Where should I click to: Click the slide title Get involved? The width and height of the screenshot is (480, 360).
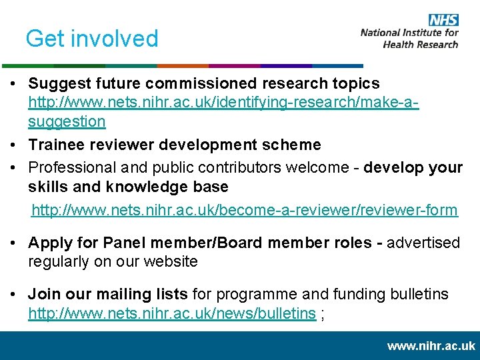tap(92, 39)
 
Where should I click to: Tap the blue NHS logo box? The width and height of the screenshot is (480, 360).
tap(443, 20)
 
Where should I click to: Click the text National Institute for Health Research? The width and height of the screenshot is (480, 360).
tap(409, 38)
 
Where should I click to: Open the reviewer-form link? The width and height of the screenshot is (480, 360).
tap(245, 211)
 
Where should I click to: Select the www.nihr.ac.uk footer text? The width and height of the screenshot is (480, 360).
tap(431, 346)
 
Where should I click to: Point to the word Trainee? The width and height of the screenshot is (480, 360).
tap(55, 145)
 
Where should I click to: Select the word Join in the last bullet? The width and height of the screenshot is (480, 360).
tap(41, 294)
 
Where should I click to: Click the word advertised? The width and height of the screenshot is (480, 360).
tap(423, 243)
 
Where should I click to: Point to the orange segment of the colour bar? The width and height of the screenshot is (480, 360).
tap(183, 66)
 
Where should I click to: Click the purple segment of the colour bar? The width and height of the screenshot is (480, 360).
tap(234, 66)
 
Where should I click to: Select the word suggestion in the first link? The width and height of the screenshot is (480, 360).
tap(67, 121)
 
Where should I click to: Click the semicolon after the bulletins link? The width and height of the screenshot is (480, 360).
tap(323, 315)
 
